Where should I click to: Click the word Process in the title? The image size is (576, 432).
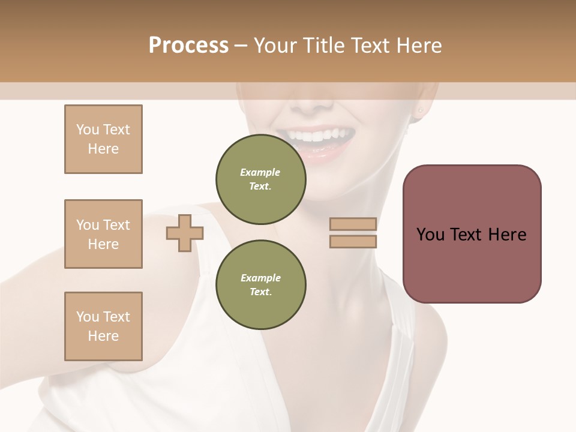188,46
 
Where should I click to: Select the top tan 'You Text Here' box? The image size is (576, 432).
103,139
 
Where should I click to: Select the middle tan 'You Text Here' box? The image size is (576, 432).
103,234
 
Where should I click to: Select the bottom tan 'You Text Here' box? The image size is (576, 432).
103,326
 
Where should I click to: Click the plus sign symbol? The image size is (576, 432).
185,233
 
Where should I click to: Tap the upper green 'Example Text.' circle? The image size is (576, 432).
260,179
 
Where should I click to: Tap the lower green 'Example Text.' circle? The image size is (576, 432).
260,285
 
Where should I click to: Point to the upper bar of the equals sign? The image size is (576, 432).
353,224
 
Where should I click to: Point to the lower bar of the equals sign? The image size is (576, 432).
353,241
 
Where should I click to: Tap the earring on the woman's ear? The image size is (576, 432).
420,110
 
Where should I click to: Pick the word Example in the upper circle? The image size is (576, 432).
260,172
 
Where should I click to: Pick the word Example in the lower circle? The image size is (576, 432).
260,278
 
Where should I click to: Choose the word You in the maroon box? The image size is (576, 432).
430,235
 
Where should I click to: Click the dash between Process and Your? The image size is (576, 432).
241,46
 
